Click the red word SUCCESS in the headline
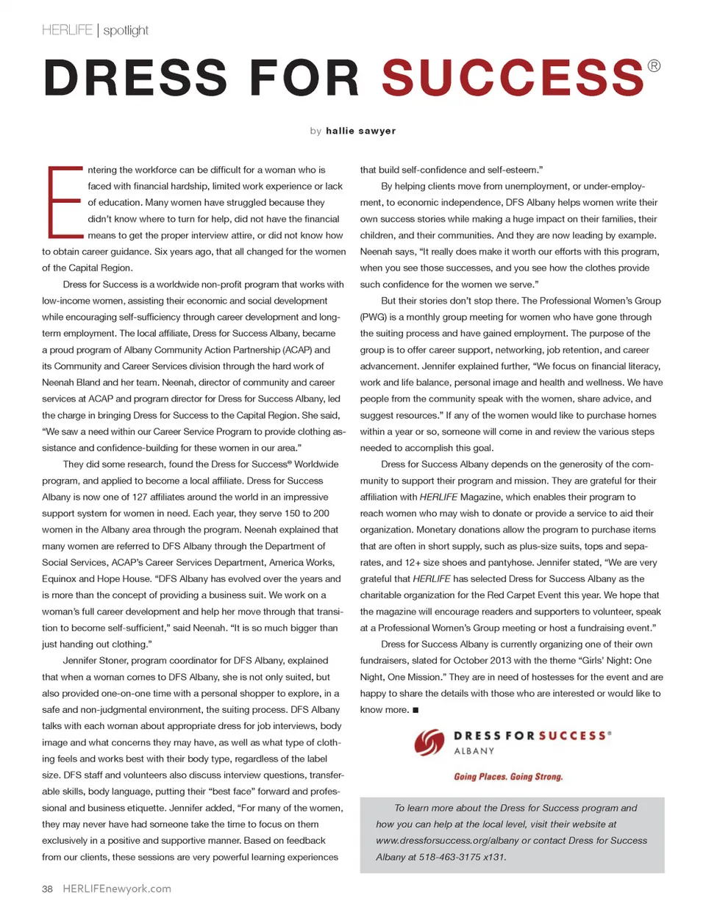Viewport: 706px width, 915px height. (513, 78)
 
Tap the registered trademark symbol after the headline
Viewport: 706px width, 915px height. (654, 66)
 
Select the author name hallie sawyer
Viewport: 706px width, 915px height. (360, 131)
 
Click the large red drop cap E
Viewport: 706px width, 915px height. (64, 202)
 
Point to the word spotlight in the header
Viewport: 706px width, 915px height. (126, 30)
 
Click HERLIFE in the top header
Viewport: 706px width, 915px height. (68, 30)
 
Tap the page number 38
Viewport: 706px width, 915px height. (47, 889)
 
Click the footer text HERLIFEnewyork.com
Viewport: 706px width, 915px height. (117, 889)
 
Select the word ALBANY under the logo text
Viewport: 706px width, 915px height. (474, 751)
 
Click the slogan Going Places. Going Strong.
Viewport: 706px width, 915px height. (508, 777)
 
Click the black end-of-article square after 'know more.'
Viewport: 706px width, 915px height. (416, 710)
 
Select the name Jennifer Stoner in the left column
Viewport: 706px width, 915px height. (94, 661)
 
